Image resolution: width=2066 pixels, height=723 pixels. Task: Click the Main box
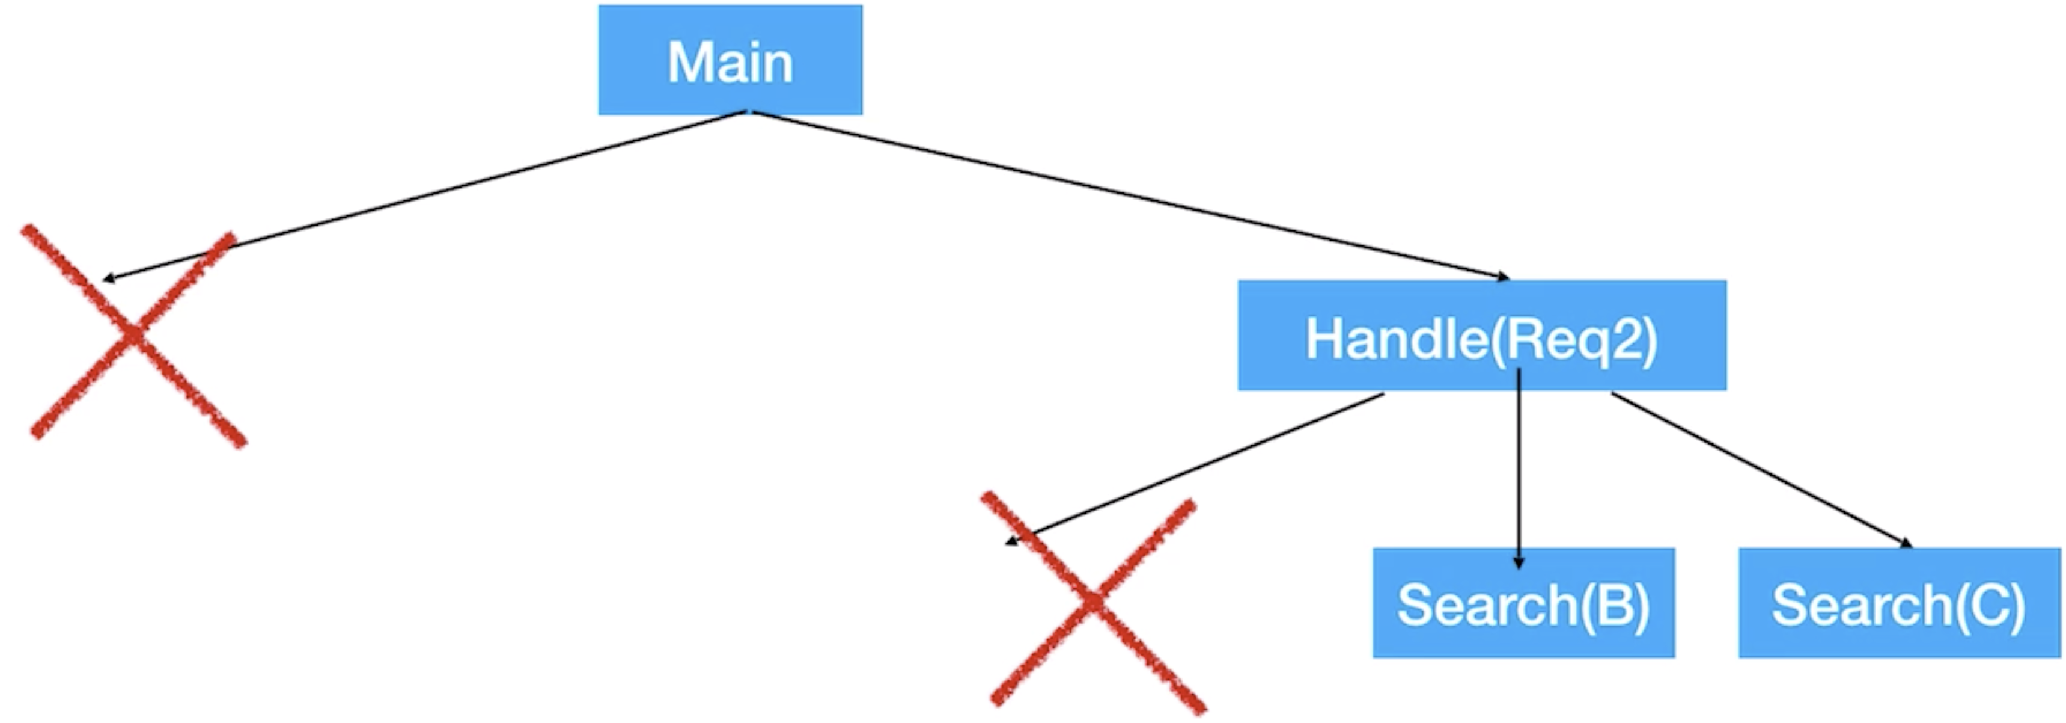tap(730, 60)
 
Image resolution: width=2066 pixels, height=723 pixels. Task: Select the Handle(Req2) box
tap(1481, 336)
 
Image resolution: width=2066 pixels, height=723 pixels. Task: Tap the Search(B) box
tap(1523, 603)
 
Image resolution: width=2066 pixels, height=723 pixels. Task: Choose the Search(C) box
tap(1898, 603)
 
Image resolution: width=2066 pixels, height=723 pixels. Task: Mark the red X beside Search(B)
tap(1092, 602)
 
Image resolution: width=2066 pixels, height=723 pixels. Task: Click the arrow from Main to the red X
tap(425, 196)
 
